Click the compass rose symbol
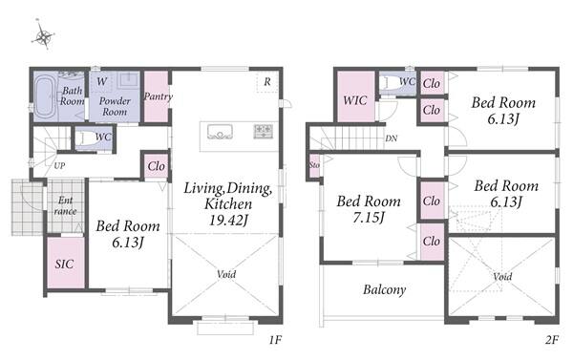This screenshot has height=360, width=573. point(44,35)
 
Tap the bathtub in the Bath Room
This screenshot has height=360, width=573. point(45,96)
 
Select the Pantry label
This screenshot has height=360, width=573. point(158,96)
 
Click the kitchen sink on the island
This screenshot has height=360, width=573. point(220,132)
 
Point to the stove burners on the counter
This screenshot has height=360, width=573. point(264,131)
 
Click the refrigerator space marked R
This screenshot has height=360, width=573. point(267,82)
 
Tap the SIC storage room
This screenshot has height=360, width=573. point(66,263)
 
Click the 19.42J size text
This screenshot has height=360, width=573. point(228,220)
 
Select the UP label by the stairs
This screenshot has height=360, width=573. point(59,165)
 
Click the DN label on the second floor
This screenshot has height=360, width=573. point(391,138)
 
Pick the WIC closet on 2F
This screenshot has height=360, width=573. point(355,96)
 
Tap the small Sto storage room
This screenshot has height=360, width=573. point(314,165)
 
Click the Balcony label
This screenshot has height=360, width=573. point(385,290)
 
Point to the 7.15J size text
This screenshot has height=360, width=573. point(369,218)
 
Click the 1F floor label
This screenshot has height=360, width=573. point(275,340)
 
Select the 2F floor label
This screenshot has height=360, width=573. point(552,340)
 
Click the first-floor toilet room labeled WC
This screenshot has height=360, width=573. point(95,138)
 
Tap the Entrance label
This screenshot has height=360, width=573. point(65,205)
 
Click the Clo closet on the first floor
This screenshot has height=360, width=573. point(156,167)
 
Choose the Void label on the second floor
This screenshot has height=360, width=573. point(502,277)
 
